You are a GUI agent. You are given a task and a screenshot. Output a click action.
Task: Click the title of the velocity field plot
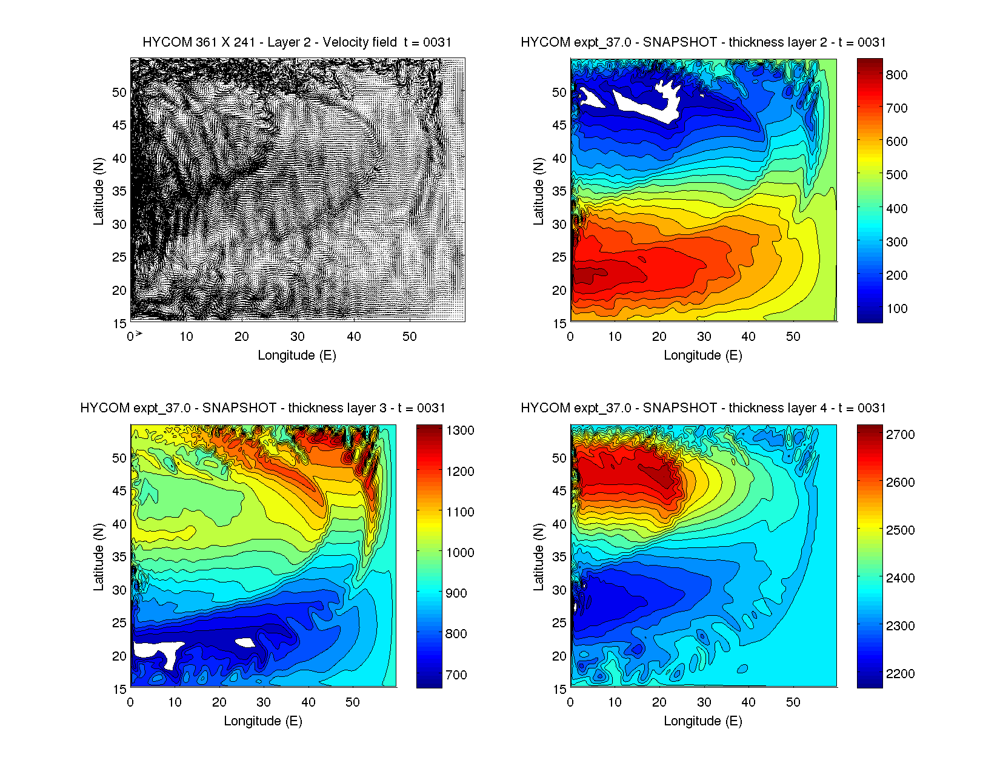pos(297,42)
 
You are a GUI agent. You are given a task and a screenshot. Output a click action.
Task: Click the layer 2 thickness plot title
pos(703,42)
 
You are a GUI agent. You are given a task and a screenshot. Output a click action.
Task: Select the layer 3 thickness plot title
pos(263,408)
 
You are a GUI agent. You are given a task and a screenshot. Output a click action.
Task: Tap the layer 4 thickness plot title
pos(703,408)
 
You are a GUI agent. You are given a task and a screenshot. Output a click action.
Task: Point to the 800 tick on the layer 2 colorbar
pos(896,74)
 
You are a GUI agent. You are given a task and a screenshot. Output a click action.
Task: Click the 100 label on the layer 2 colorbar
pos(896,309)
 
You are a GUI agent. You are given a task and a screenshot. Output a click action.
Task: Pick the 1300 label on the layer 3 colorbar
pos(460,431)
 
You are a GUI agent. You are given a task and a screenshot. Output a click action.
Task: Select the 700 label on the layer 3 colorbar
pos(456,675)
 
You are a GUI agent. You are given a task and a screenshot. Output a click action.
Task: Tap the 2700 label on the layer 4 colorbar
pos(900,435)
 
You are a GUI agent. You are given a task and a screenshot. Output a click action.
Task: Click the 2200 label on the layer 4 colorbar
pos(900,674)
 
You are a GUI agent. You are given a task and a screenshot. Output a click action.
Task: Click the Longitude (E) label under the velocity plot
pos(297,355)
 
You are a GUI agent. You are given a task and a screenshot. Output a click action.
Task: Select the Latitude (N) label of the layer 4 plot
pos(538,557)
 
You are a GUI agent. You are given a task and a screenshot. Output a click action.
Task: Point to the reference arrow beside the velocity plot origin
pos(139,334)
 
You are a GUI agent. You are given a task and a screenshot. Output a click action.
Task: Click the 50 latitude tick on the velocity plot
pos(119,93)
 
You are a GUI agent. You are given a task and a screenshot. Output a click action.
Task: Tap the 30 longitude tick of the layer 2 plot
pos(704,337)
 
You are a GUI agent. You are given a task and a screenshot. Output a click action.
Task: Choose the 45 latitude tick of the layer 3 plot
pos(119,491)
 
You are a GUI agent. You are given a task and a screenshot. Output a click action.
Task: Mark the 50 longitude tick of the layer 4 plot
pos(793,703)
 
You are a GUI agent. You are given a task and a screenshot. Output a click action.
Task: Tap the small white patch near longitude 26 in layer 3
pos(245,642)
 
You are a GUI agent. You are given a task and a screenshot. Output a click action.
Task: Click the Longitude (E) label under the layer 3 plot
pos(263,721)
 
